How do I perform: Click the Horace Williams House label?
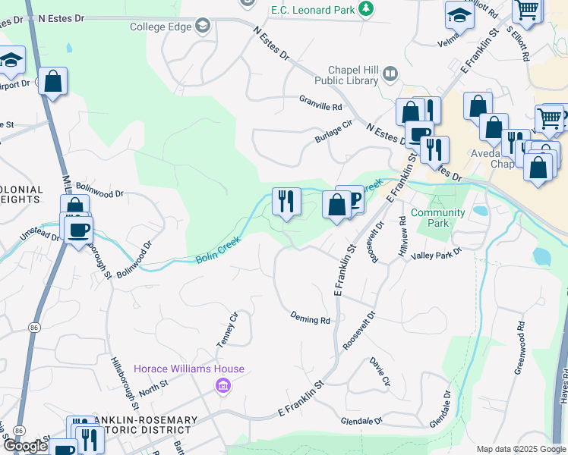[189, 369]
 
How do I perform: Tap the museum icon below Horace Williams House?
[222, 387]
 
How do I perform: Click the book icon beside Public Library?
[390, 74]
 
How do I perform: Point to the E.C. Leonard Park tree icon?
[367, 9]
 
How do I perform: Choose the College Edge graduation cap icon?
[202, 27]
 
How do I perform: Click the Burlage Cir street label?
[335, 133]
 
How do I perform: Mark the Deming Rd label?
[310, 319]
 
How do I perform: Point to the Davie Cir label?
[380, 371]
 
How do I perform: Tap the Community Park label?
[438, 218]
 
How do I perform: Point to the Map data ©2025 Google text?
[520, 449]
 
